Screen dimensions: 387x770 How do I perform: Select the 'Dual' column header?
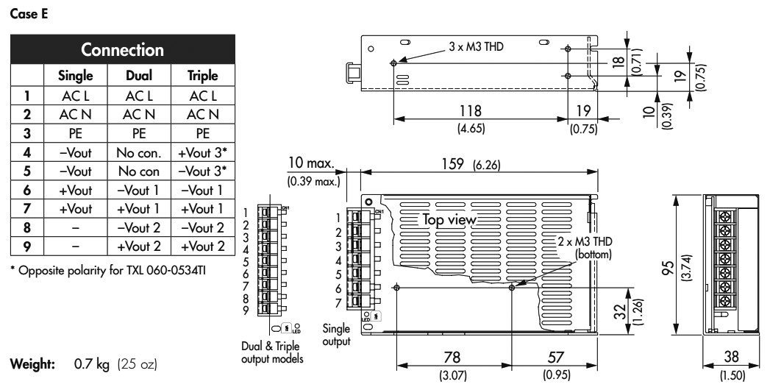[x=140, y=76]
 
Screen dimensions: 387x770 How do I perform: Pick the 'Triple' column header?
[x=203, y=76]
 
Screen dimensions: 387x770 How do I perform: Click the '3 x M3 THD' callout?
[x=477, y=46]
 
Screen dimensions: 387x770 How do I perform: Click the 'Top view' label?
[x=450, y=219]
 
